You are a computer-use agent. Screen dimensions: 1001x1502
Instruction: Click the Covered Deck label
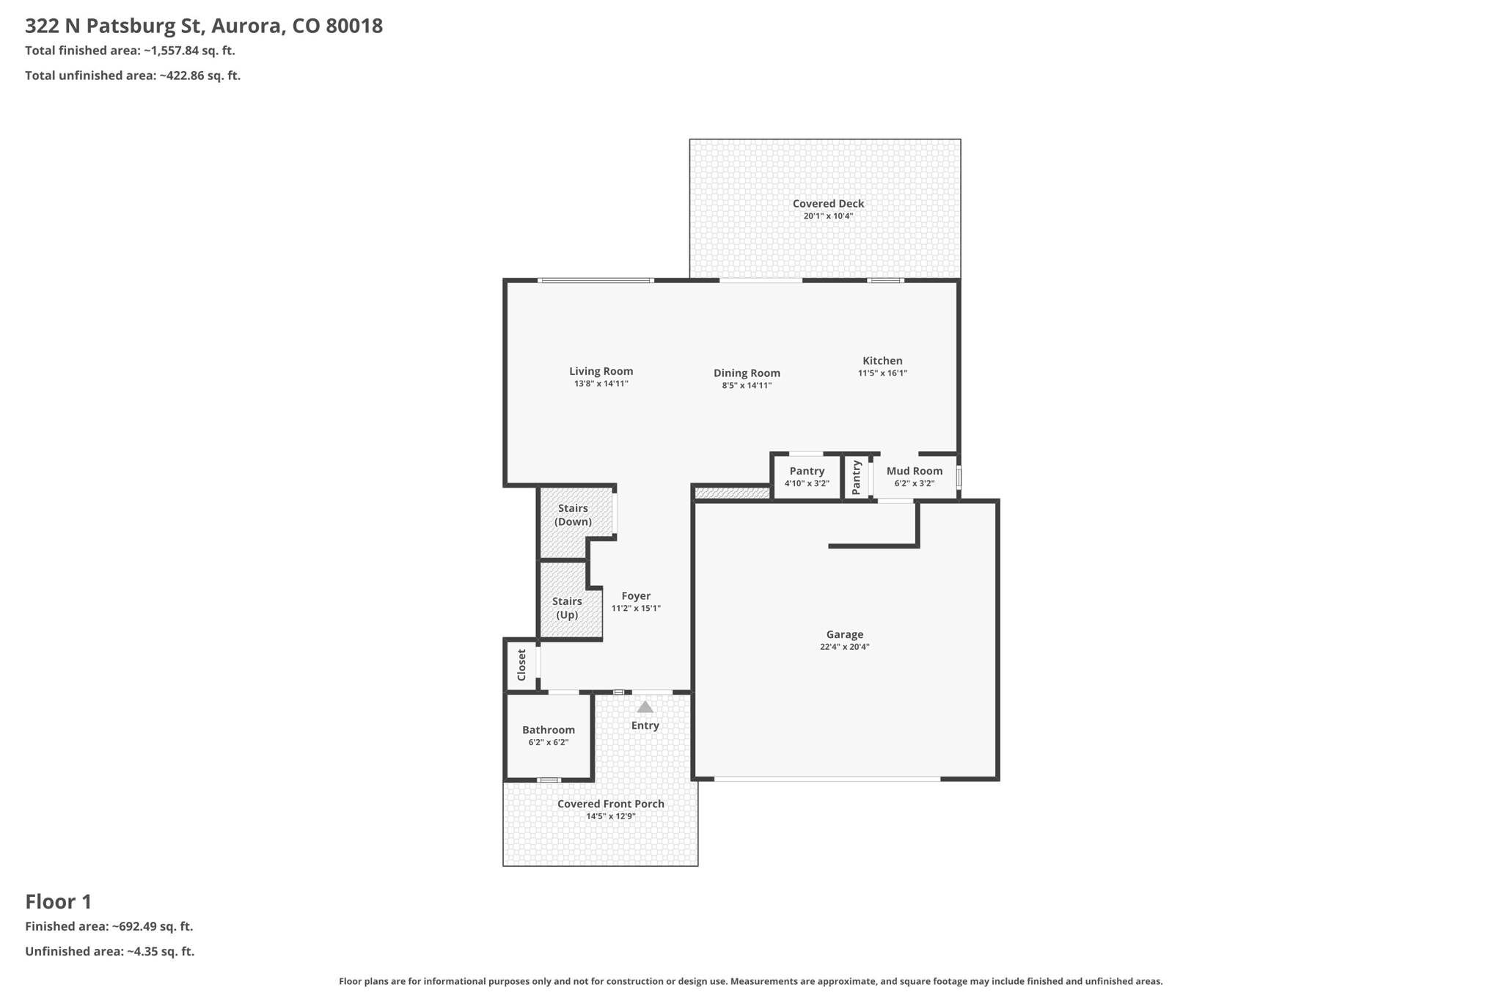(x=828, y=204)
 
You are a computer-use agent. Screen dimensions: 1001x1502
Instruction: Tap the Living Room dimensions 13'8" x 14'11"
(x=601, y=384)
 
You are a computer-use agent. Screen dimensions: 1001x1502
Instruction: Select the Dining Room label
(x=747, y=373)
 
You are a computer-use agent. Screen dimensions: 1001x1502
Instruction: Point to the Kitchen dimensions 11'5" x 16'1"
(x=882, y=373)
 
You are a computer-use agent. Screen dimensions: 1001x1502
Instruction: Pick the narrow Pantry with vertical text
(x=857, y=477)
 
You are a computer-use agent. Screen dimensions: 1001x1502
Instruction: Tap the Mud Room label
(x=914, y=472)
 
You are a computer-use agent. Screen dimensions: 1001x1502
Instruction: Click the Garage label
(x=844, y=634)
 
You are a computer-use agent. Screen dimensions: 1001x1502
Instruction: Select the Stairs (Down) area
(x=573, y=515)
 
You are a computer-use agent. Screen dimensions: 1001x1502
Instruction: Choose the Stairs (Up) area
(x=567, y=608)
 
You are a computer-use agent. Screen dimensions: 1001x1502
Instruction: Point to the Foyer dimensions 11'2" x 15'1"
(x=636, y=609)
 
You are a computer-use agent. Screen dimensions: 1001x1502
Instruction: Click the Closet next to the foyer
(x=521, y=664)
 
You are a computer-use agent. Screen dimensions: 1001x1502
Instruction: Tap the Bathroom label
(x=548, y=730)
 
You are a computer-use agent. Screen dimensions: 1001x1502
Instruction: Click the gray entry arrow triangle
(x=645, y=708)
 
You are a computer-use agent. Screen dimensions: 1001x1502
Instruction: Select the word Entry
(x=645, y=725)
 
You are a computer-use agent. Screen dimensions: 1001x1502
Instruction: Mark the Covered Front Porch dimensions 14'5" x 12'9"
(x=610, y=816)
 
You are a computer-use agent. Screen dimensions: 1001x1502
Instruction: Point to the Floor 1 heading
(x=59, y=901)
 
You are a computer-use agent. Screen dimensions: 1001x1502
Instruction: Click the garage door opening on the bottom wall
(x=827, y=779)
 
